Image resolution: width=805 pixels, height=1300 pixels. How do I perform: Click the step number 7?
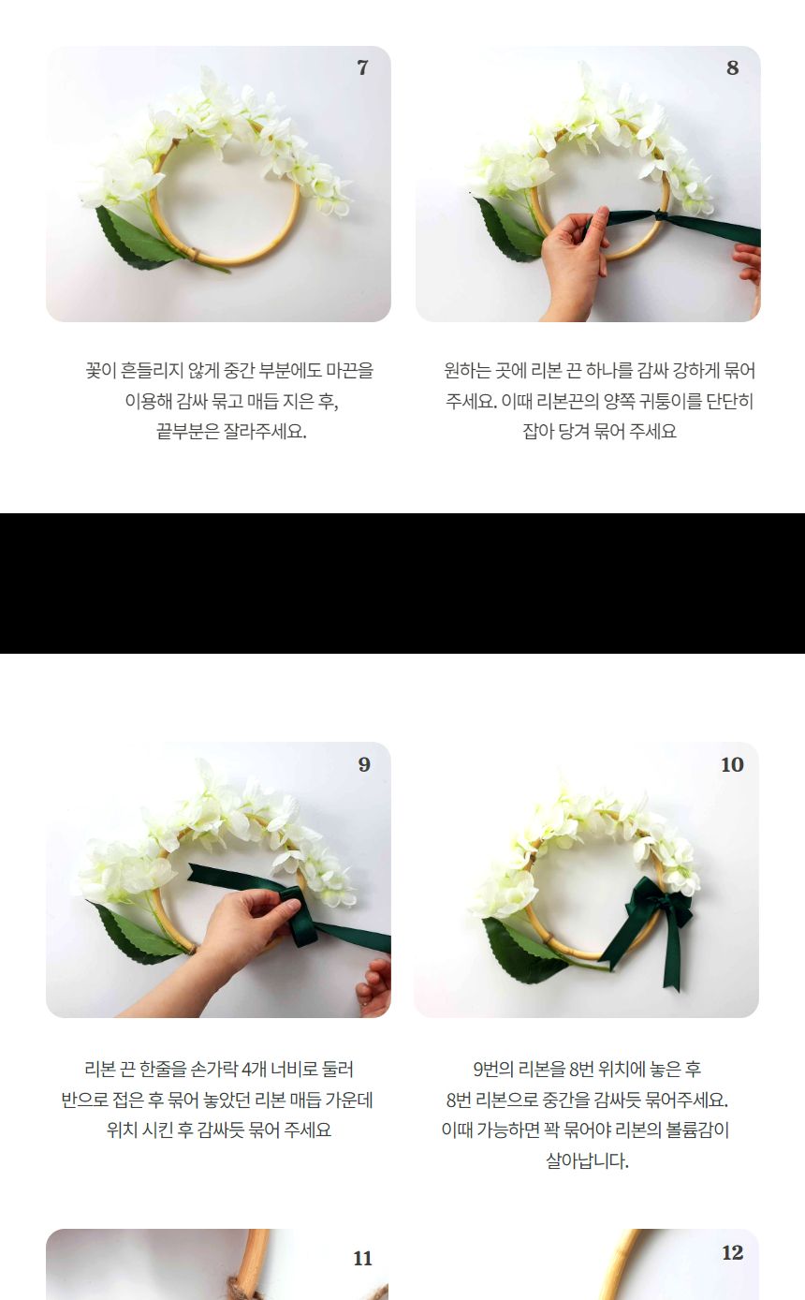[x=362, y=67]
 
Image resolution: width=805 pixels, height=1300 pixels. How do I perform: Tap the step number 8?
[x=732, y=67]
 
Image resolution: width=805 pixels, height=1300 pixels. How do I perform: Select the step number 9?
[x=364, y=764]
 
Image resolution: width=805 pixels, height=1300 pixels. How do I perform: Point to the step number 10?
[x=731, y=764]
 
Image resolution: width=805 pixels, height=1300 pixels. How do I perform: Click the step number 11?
[x=362, y=1258]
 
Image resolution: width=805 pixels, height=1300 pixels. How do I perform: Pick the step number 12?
[x=732, y=1253]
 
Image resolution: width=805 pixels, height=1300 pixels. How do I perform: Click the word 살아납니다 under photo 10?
[x=586, y=1161]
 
